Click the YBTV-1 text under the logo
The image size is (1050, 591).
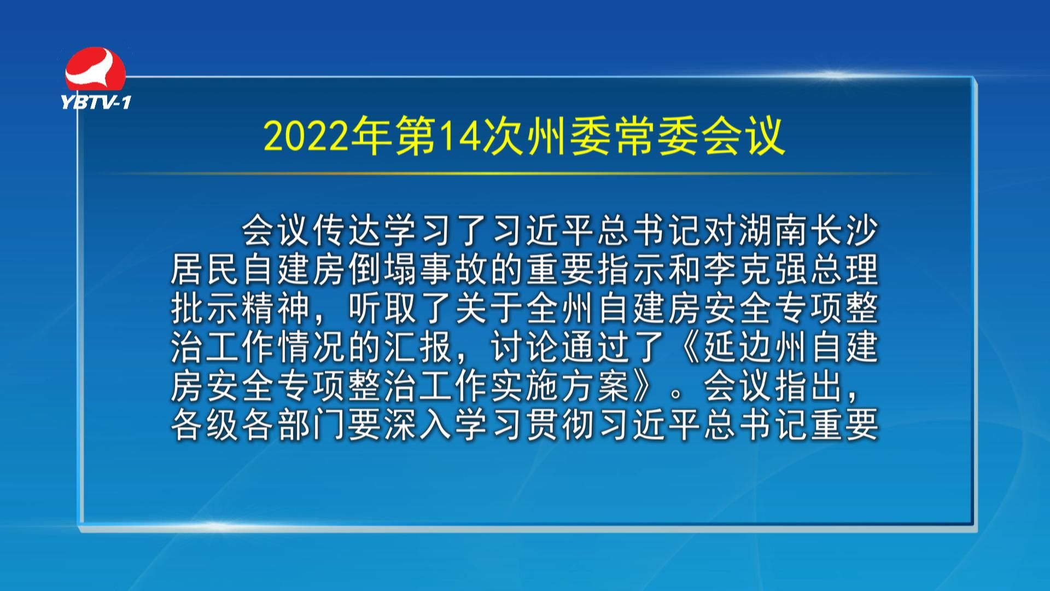pyautogui.click(x=96, y=102)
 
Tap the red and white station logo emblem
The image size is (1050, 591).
pyautogui.click(x=95, y=69)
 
